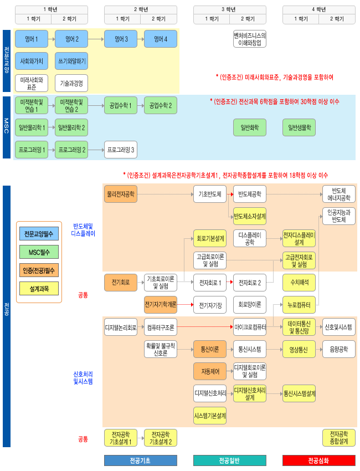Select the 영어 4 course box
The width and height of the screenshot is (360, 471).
click(x=161, y=39)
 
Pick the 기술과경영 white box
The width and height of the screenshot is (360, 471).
click(x=71, y=83)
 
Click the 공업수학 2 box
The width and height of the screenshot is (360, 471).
click(x=161, y=105)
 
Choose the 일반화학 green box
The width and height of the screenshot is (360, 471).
click(x=250, y=127)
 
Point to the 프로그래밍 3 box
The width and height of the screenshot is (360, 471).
click(x=121, y=150)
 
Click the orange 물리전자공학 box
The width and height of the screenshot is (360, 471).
click(x=121, y=194)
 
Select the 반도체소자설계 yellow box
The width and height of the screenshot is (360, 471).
click(x=250, y=216)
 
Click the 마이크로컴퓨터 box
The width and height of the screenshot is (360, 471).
click(x=250, y=327)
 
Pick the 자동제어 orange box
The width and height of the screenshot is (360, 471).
click(x=210, y=371)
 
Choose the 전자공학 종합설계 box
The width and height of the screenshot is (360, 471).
click(x=339, y=438)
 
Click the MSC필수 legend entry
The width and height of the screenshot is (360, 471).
click(x=39, y=252)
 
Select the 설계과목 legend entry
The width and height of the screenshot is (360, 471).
click(x=39, y=288)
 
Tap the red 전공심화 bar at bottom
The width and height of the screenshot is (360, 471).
click(x=318, y=460)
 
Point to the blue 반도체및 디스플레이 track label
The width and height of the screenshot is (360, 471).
click(x=84, y=230)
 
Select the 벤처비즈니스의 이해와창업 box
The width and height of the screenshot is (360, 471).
click(x=250, y=39)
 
